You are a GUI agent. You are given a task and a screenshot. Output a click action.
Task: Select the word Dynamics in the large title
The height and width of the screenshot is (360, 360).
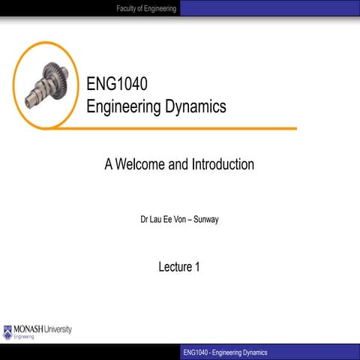coord(194,106)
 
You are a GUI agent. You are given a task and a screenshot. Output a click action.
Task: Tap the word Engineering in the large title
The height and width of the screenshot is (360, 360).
coord(122,106)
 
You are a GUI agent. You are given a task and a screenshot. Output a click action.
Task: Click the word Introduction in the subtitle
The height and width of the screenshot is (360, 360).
coord(221,164)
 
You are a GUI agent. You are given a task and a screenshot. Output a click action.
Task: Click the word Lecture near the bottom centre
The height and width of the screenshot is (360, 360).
coord(175,266)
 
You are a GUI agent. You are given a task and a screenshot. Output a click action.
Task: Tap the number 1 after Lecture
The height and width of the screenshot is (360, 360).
coord(197,266)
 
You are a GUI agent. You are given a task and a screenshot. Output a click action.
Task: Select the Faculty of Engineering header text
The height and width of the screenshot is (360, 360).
coord(146,8)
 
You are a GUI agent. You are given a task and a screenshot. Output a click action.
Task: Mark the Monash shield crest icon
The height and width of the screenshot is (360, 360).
coord(8,330)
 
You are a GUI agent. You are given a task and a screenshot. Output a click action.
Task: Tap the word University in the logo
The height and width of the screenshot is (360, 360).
coord(59,329)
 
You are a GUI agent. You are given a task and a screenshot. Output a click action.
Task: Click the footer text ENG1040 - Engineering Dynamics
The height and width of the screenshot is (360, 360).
coord(224,352)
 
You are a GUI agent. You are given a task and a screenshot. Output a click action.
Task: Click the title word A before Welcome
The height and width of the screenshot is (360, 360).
coord(109,164)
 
